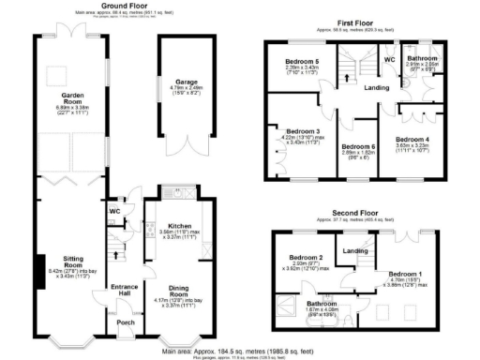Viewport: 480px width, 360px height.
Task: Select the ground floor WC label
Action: [115, 211]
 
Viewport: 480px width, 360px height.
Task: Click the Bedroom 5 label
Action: [303, 62]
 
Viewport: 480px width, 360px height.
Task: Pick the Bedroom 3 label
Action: [304, 131]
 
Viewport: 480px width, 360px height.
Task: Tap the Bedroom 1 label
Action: [405, 274]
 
